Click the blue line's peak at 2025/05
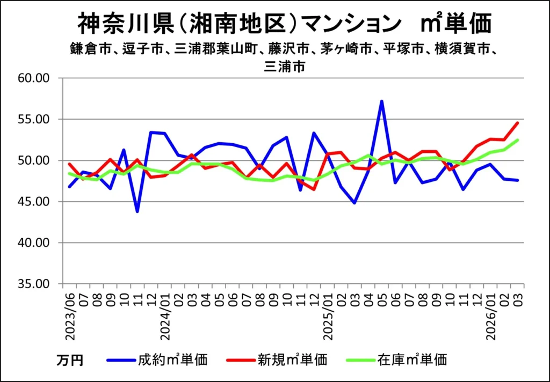point(381,101)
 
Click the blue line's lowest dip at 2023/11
point(137,211)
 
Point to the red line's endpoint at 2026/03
point(517,123)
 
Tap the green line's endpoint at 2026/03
point(517,140)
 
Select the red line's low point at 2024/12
point(314,189)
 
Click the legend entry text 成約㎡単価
point(172,359)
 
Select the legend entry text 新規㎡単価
point(292,359)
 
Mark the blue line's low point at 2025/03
point(354,203)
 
